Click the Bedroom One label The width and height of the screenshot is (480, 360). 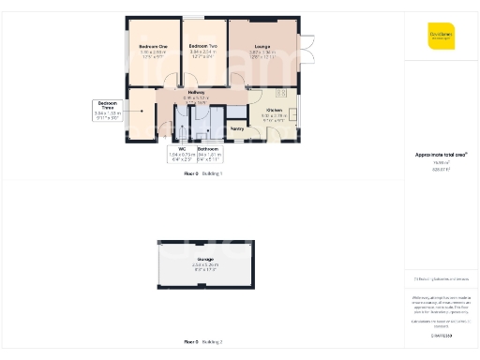pos(153,46)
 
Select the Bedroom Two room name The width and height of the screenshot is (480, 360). pos(202,46)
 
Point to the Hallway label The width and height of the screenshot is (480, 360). pos(196,92)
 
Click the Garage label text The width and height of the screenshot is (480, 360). pos(204,259)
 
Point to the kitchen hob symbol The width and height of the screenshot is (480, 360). pos(281,94)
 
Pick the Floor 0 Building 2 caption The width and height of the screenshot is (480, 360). pos(203,341)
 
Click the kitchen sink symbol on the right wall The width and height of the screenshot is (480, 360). pos(292,115)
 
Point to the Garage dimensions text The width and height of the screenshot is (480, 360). pos(204,267)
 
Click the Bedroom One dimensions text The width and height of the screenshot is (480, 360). pos(153,55)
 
